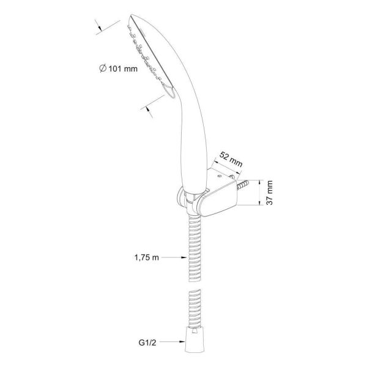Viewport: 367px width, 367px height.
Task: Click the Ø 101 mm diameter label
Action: tap(118, 69)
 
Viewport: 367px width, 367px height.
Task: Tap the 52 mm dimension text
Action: tap(231, 160)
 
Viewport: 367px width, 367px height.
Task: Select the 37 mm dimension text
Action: tap(270, 193)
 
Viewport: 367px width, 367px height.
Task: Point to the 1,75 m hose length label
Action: tap(147, 258)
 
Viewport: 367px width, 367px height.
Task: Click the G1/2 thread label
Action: tap(147, 343)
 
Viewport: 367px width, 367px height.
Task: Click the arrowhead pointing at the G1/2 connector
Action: tap(182, 342)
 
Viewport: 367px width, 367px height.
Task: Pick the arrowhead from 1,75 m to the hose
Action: tap(184, 258)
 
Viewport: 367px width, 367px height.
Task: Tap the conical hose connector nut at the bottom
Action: tap(195, 339)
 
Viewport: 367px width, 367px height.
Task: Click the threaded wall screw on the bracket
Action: tap(242, 185)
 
